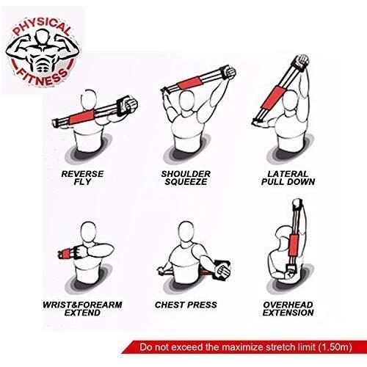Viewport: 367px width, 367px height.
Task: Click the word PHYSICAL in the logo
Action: click(x=41, y=26)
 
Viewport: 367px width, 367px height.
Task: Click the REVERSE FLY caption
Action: click(x=82, y=178)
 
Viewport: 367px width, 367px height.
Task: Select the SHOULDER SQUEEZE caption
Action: click(x=186, y=178)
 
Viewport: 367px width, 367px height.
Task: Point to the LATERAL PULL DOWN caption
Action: click(x=288, y=178)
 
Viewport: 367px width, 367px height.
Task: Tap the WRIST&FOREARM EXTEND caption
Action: click(x=82, y=309)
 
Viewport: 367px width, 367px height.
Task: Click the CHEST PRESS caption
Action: click(x=186, y=305)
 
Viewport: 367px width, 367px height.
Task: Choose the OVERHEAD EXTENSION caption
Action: click(x=288, y=309)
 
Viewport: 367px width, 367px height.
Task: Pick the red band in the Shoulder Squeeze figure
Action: click(x=190, y=83)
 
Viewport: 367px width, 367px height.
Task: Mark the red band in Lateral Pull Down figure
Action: click(x=273, y=98)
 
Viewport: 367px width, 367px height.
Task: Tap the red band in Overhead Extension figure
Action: click(x=293, y=245)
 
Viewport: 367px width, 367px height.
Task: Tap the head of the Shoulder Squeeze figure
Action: click(x=186, y=101)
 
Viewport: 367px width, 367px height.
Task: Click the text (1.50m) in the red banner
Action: click(x=335, y=347)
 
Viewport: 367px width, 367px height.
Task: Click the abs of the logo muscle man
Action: click(x=43, y=65)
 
